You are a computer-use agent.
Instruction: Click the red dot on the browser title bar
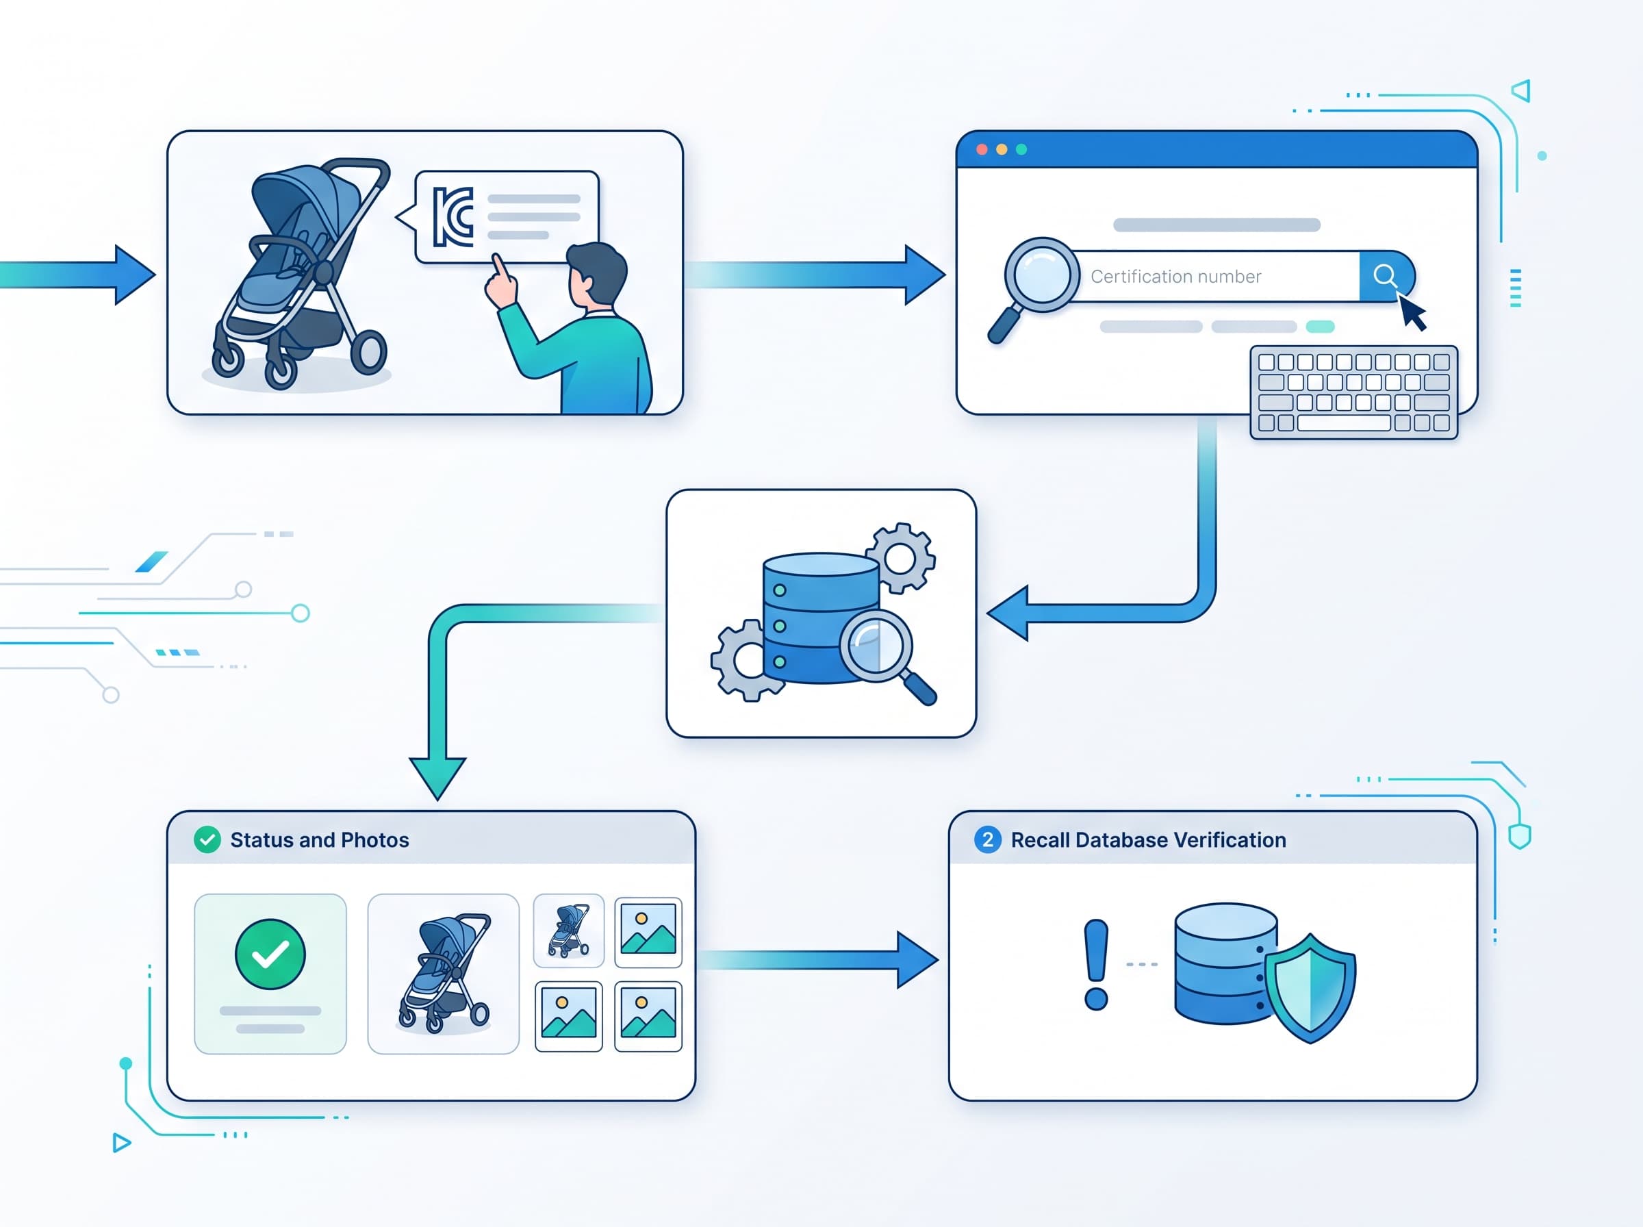(x=982, y=149)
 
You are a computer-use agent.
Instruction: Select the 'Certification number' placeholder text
(x=1175, y=277)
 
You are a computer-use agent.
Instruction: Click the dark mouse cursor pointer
(x=1412, y=312)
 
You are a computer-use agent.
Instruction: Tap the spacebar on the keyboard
(x=1344, y=423)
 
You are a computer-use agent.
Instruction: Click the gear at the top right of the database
(x=900, y=558)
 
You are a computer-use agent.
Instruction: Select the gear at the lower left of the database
(x=747, y=659)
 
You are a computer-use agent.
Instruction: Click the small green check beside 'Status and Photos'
(x=207, y=840)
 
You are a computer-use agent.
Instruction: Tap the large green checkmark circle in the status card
(x=270, y=954)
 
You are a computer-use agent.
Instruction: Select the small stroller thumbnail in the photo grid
(x=569, y=930)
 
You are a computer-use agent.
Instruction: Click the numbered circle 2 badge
(x=987, y=840)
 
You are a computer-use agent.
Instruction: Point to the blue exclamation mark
(x=1096, y=964)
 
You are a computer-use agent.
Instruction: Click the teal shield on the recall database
(x=1310, y=988)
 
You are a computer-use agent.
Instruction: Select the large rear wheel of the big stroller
(x=368, y=352)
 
